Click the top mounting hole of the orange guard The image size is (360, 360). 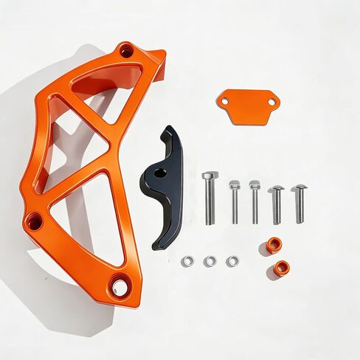point(126,52)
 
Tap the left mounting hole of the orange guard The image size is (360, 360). point(33,221)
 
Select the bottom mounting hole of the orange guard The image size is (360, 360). point(120,285)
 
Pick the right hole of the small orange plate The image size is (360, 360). point(270,101)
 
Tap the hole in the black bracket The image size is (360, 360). point(158,174)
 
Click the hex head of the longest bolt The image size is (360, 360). point(210,176)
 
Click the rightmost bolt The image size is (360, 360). point(300,202)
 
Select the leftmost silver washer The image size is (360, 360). point(187,261)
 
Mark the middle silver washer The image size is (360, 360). point(210,261)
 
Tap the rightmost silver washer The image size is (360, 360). point(232,261)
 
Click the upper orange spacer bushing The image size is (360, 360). point(274,245)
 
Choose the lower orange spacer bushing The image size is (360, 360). point(282,268)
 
